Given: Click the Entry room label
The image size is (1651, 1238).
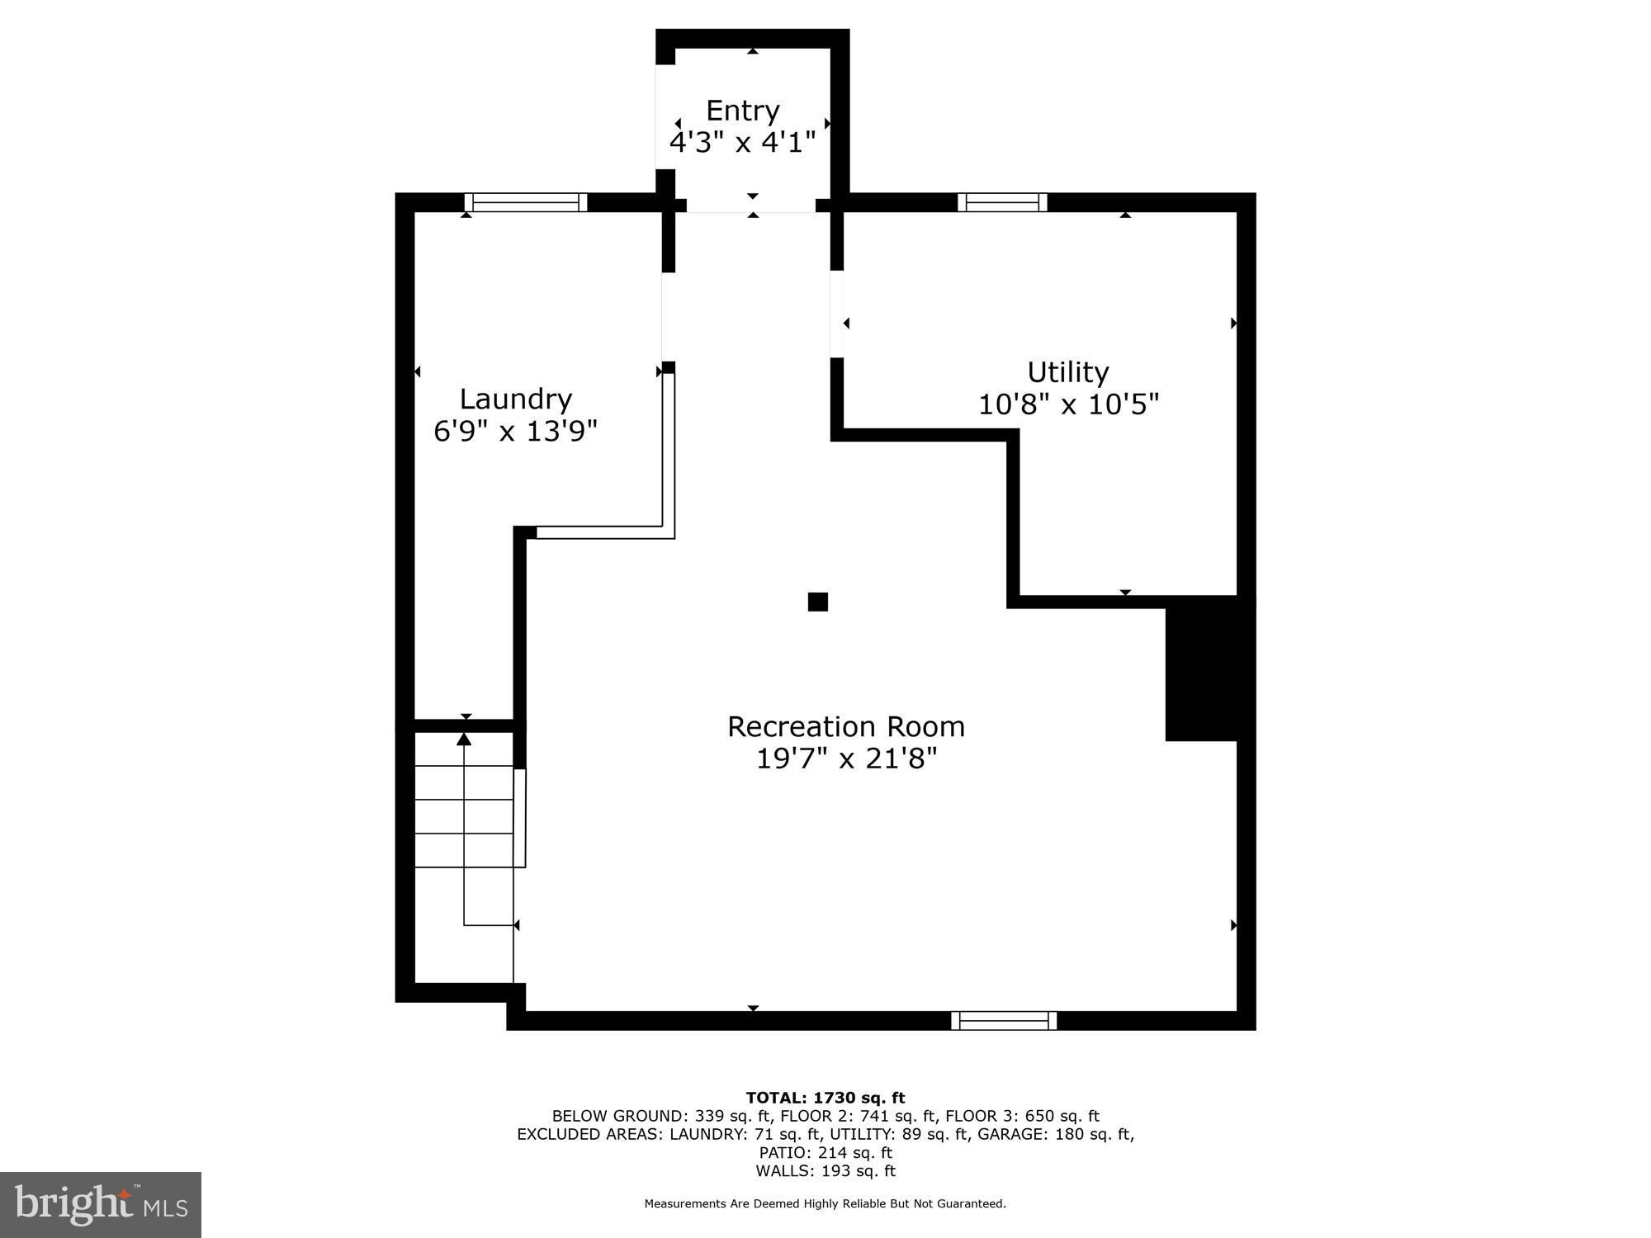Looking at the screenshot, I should [x=742, y=111].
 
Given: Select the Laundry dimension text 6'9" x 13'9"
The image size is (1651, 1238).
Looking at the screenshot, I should [x=515, y=431].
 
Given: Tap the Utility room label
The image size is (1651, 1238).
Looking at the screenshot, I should [x=1067, y=372].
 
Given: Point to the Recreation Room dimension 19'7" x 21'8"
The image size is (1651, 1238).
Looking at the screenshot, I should [x=847, y=758].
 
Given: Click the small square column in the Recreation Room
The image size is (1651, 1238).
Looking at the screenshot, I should [x=817, y=602].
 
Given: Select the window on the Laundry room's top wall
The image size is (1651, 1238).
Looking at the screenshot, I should [x=525, y=203].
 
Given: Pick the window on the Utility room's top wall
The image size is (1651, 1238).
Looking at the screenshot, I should [x=1002, y=203].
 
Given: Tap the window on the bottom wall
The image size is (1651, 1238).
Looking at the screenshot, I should [x=1004, y=1021].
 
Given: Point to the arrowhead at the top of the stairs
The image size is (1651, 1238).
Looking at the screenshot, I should [x=464, y=739].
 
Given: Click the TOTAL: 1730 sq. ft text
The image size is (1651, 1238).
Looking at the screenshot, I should [x=825, y=1098].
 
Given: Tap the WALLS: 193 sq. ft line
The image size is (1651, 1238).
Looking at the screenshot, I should [x=825, y=1171].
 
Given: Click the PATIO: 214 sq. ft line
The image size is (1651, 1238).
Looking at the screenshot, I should [x=825, y=1153].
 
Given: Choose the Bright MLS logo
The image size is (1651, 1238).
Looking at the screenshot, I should [x=101, y=1205].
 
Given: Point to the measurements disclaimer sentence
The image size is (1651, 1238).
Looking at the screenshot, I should [x=825, y=1204].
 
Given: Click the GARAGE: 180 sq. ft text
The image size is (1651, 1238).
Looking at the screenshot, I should [x=1055, y=1135].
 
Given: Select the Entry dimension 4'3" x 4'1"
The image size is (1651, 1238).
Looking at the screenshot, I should [x=742, y=143].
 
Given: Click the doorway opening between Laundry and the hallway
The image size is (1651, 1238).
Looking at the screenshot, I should [x=667, y=317].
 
